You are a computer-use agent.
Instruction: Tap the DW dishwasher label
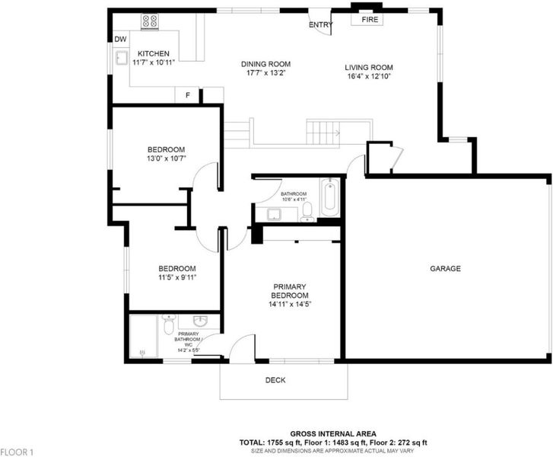120,39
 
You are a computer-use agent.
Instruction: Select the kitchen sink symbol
122,58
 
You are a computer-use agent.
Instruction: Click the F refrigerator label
188,95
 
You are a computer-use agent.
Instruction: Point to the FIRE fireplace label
370,20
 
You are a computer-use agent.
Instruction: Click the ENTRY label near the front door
320,24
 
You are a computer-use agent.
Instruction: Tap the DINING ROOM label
266,64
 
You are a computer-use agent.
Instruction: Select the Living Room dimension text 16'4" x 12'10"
369,76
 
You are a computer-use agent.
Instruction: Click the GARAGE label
445,268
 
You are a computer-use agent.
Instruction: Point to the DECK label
275,380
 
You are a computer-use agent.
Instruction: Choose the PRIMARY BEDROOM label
290,291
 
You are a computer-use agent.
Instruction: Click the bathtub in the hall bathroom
330,197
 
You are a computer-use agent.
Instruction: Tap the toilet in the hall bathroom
307,212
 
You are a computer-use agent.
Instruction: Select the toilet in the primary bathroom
170,324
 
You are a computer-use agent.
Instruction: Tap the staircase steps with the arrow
323,133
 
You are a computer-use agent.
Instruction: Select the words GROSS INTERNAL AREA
333,433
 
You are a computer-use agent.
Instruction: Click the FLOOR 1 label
17,452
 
